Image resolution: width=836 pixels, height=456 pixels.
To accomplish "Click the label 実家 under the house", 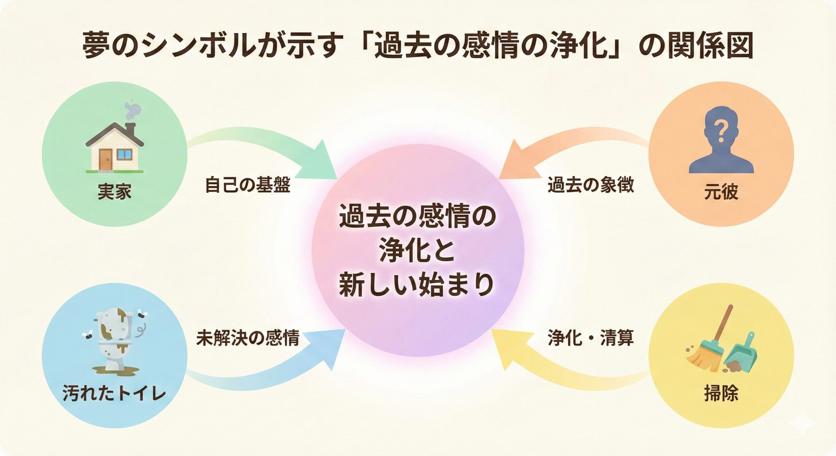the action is click(114, 192).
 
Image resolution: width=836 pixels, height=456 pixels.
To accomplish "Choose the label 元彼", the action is click(721, 192).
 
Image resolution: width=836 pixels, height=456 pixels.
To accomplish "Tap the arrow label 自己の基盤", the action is click(247, 186).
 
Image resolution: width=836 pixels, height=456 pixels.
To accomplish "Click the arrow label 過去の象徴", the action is click(590, 185).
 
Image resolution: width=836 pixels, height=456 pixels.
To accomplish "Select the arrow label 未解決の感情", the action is click(247, 338).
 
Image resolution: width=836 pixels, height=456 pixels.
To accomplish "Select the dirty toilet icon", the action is click(114, 343).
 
